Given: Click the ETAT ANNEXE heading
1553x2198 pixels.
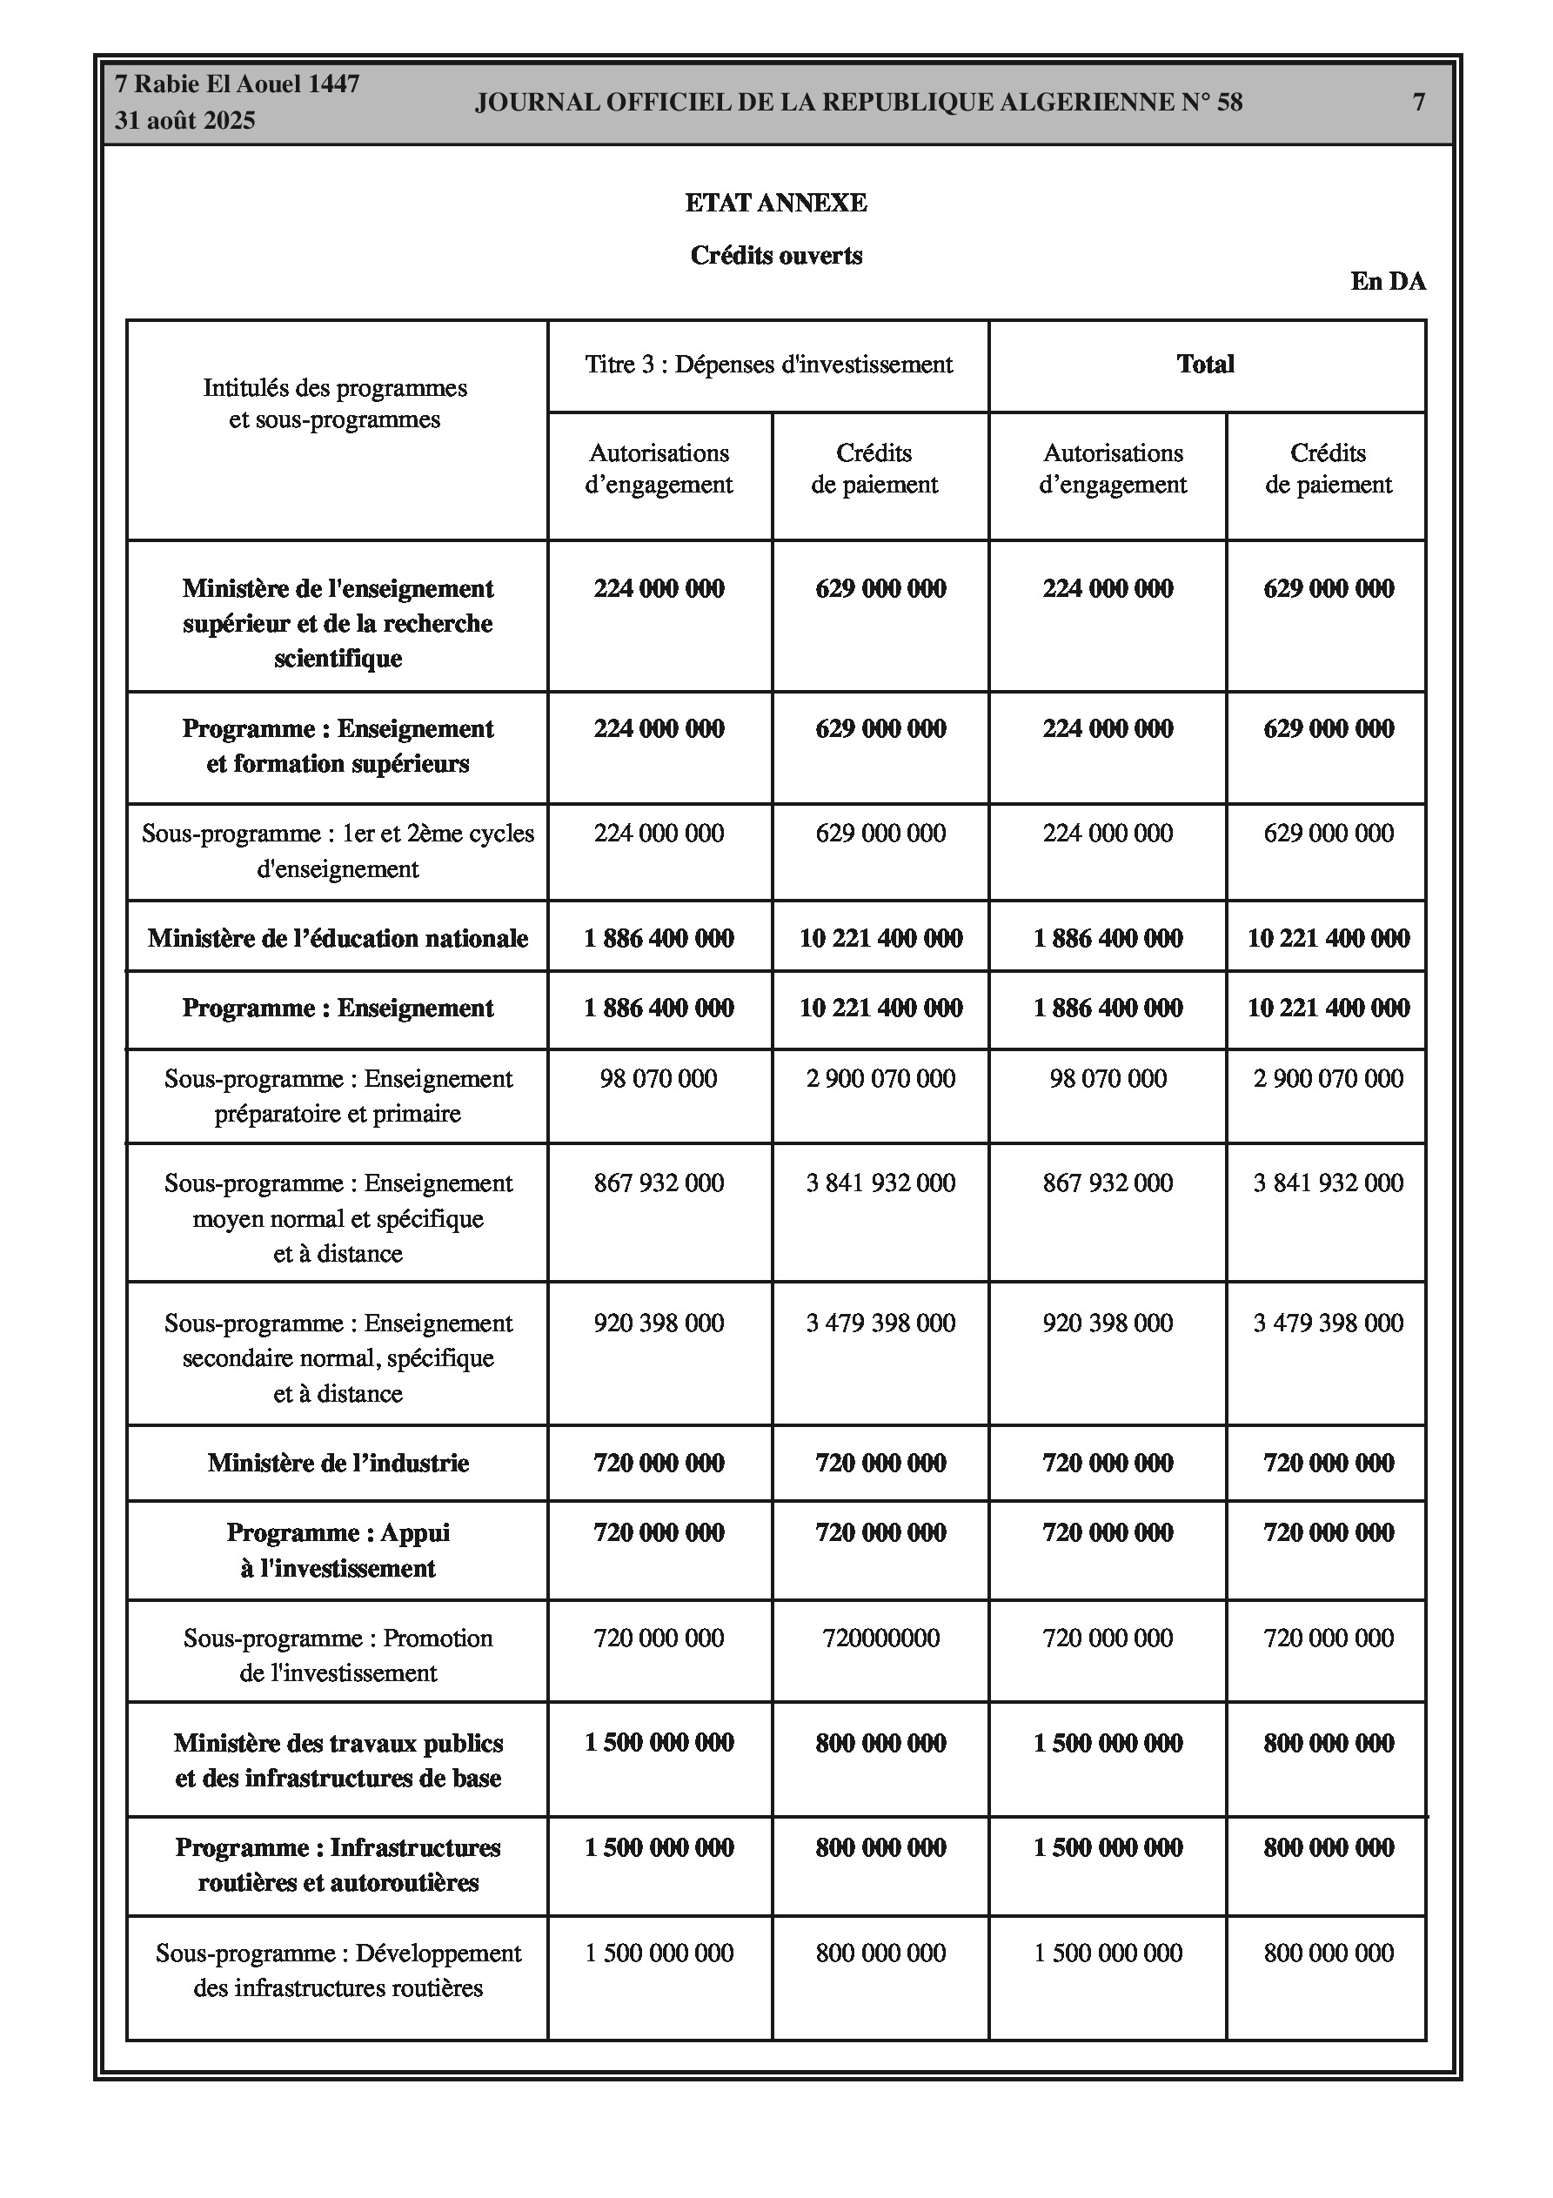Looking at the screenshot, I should click(x=775, y=203).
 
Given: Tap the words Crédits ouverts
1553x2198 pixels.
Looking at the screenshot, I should click(x=775, y=256).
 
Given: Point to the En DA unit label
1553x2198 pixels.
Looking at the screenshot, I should click(x=1388, y=281).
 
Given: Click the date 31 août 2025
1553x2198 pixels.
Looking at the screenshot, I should click(x=184, y=121).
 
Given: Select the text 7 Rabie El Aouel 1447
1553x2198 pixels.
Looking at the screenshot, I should click(x=237, y=84).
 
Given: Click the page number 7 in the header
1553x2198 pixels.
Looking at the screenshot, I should click(x=1419, y=103).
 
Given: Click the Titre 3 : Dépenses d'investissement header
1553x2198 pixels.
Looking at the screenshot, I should click(x=769, y=365).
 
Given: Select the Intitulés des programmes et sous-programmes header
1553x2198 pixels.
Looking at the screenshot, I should click(x=335, y=404).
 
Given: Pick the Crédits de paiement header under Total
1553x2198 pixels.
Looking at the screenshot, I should click(x=1327, y=469).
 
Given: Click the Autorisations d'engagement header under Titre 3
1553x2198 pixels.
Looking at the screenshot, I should click(x=659, y=469).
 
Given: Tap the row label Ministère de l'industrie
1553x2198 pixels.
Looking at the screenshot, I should click(x=338, y=1463).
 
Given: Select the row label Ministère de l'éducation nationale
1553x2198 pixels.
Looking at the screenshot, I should click(x=338, y=938).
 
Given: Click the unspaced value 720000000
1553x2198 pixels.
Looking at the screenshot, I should click(x=880, y=1638).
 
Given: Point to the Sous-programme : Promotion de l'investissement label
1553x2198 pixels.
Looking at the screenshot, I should click(x=338, y=1655).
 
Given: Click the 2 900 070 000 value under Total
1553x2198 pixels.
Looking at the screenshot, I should click(x=1327, y=1079).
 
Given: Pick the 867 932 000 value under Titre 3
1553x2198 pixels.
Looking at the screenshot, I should click(x=659, y=1183).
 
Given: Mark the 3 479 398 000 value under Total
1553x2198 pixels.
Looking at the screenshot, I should click(x=1327, y=1323).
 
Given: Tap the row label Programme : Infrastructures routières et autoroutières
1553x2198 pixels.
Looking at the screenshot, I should click(x=338, y=1865).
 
